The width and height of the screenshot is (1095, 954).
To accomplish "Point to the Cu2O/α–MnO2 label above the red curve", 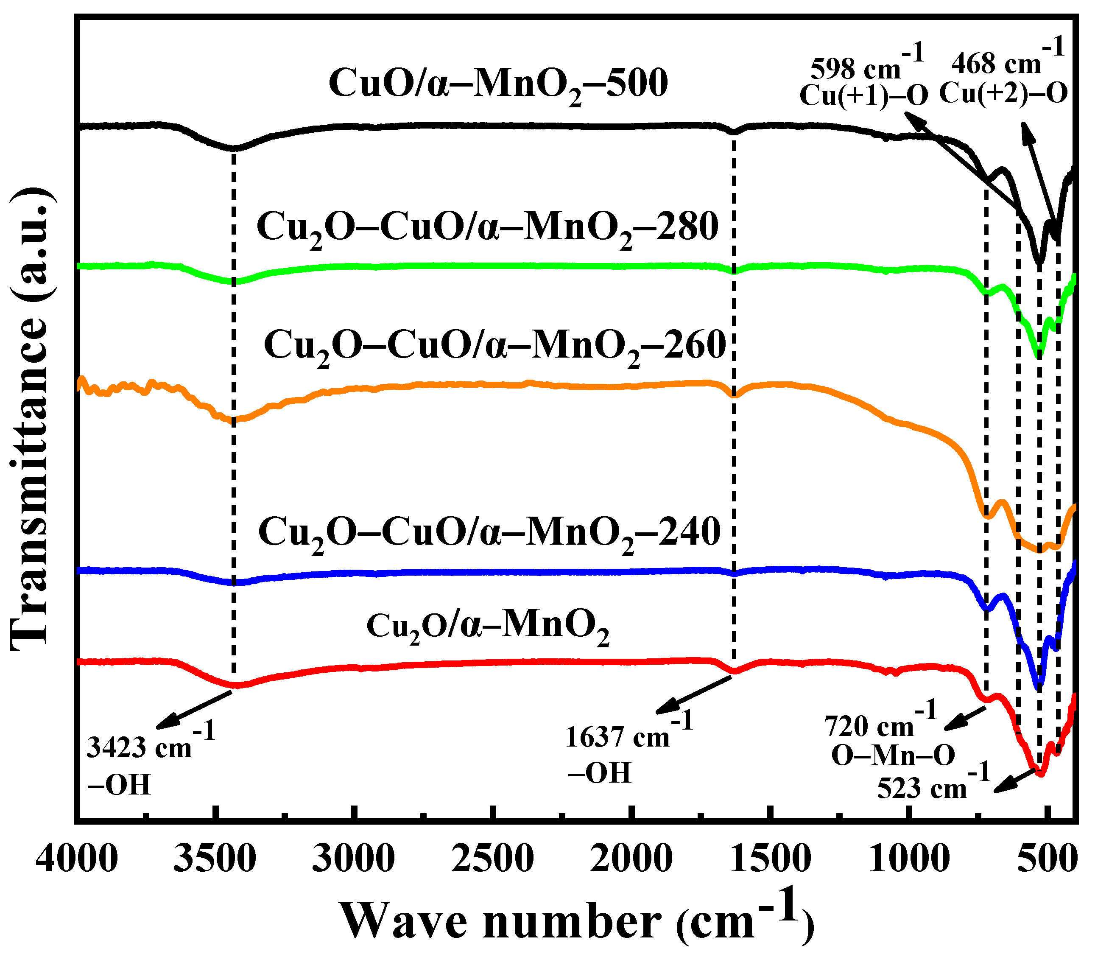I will click(488, 626).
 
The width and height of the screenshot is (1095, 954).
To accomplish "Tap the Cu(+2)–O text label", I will click(1003, 94).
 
